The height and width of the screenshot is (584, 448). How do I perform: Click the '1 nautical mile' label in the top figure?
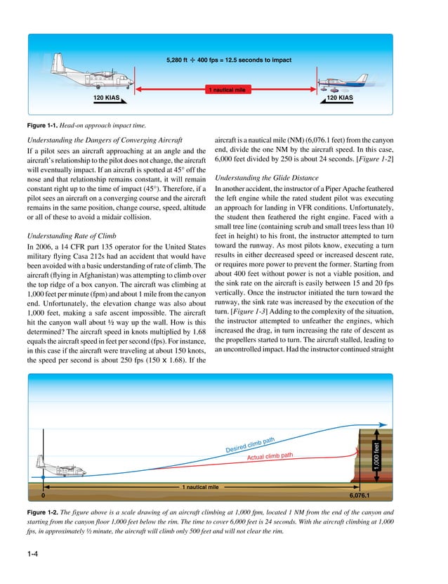[x=224, y=91]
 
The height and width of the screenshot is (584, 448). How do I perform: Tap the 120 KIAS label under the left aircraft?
[x=109, y=98]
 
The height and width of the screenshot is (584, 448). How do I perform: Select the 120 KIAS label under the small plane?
[x=339, y=98]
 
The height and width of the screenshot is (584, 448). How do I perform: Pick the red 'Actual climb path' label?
[x=269, y=458]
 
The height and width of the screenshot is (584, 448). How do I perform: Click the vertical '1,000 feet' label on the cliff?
[x=376, y=455]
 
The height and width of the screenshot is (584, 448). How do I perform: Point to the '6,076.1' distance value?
[x=361, y=495]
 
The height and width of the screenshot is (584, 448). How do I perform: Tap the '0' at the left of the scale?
[x=43, y=495]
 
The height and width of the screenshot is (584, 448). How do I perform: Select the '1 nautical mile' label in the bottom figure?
[x=201, y=486]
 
